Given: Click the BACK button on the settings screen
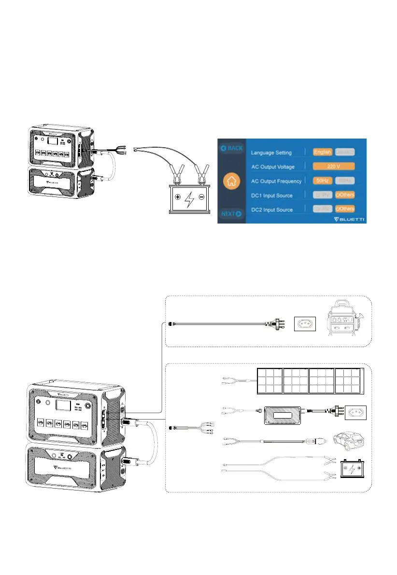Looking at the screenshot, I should coord(232,148).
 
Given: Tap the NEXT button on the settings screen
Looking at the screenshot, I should coord(232,213).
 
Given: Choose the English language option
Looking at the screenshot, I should coord(322,152).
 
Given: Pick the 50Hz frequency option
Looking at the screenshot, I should coord(322,181).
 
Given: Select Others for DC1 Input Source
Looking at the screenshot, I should coord(345,195).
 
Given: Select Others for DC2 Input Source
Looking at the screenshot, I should coord(345,209).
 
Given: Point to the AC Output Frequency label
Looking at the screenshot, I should coord(276,181).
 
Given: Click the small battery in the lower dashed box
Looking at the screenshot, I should coord(351,468).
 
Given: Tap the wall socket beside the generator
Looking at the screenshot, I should coord(305,323).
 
